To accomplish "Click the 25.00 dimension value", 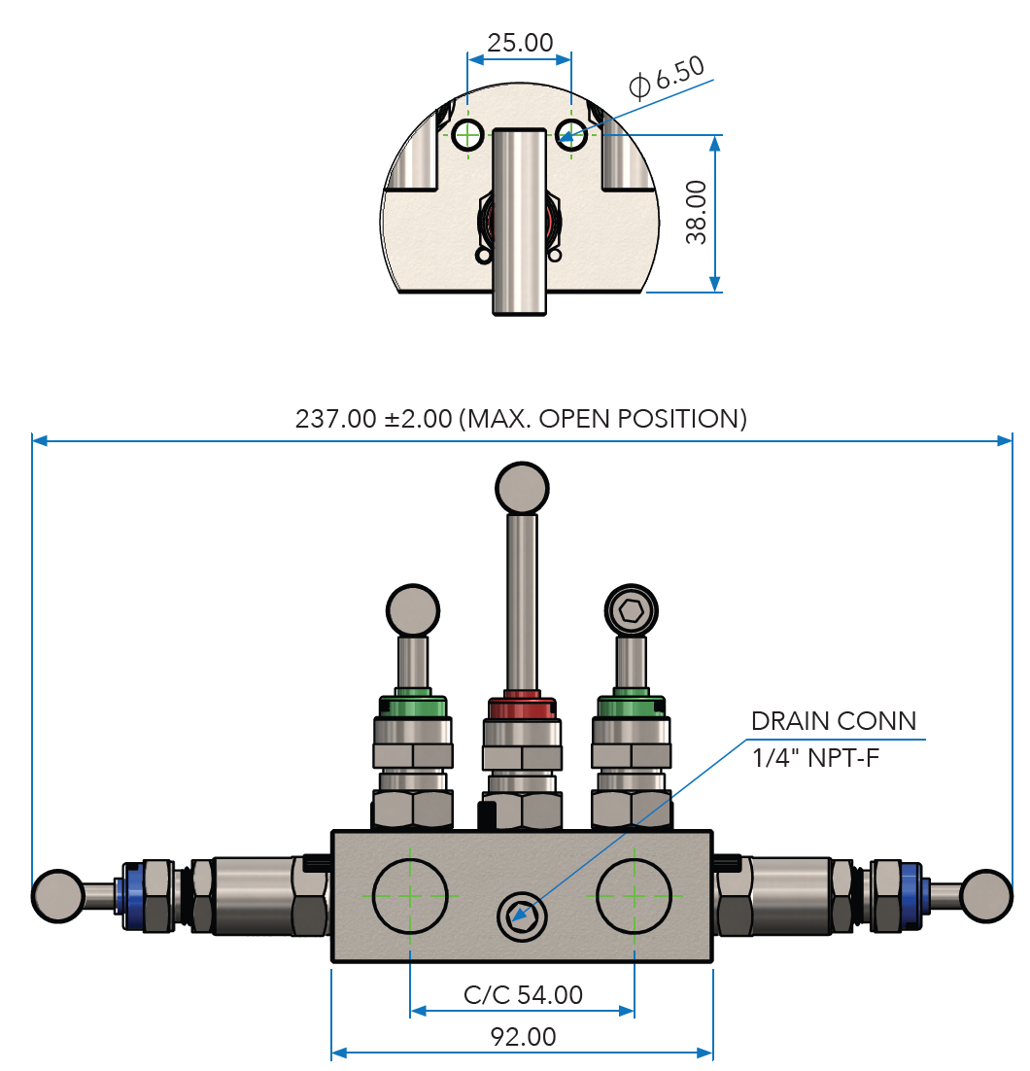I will tap(520, 43).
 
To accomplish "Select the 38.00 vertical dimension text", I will tap(696, 213).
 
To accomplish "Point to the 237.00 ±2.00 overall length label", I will tap(521, 419).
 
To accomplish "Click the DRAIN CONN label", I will tap(833, 721).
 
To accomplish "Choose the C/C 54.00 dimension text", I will tap(523, 994).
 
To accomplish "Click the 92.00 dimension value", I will tap(523, 1037).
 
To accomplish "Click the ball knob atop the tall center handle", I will tap(523, 487).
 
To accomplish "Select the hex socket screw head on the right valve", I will tap(631, 610).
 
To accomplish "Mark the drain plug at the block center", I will tap(521, 914).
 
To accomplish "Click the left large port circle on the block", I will tap(410, 893).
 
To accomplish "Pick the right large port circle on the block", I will tap(634, 893).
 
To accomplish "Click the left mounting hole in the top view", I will tap(468, 134).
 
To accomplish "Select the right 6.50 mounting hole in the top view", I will tap(571, 135).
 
